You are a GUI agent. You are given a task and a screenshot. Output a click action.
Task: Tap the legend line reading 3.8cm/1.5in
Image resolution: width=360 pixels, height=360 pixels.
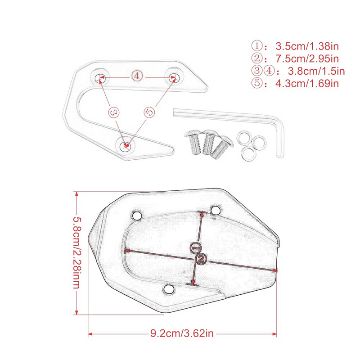[297, 71]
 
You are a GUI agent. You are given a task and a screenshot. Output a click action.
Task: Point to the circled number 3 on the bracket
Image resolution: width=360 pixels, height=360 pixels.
[113, 112]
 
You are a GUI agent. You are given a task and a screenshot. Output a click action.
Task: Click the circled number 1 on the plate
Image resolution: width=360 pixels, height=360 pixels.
[196, 248]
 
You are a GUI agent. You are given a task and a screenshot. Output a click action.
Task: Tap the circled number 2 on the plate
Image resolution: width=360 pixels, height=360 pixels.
[201, 259]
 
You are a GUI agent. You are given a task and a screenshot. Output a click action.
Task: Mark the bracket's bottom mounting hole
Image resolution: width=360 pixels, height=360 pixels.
[126, 145]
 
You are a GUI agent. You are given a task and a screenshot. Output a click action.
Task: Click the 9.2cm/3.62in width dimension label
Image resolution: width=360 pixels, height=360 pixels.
[182, 333]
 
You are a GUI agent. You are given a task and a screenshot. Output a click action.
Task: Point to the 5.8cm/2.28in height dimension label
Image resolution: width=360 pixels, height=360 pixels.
[77, 254]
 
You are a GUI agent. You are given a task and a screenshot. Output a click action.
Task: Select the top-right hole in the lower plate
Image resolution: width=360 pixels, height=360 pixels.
[216, 210]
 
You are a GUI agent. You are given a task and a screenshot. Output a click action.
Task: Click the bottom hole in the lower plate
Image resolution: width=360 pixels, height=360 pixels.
[169, 288]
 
